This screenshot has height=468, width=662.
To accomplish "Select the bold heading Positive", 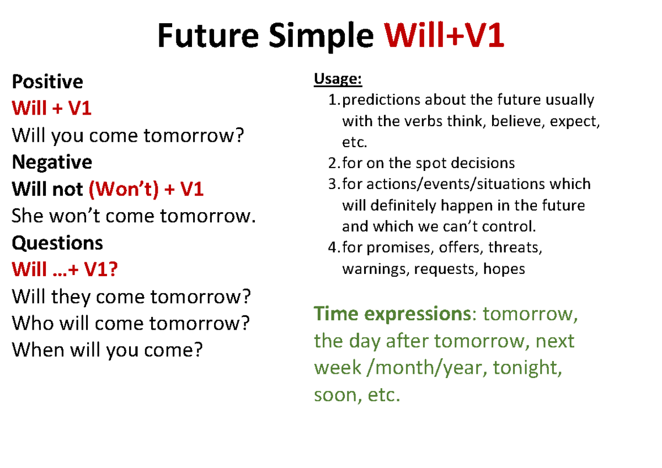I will point(47,82).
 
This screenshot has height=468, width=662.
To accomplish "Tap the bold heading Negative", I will point(52,162).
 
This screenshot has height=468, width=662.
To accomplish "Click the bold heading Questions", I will point(57,243).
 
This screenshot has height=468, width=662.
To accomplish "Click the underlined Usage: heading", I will point(338,79).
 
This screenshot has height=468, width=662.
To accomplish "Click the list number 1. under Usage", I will point(333,100).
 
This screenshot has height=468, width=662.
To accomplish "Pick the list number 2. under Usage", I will point(333,163).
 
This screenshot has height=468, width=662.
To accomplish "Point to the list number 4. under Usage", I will point(333,248).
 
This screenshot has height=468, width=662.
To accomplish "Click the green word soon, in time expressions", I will point(334,395).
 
